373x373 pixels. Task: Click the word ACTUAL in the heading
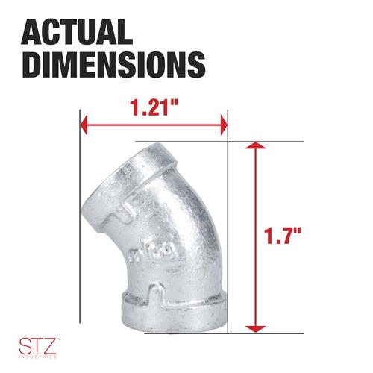(x=77, y=32)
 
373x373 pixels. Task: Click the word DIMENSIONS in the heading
(x=113, y=65)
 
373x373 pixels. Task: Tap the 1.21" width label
(x=154, y=107)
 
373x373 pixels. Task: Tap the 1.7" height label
(x=282, y=235)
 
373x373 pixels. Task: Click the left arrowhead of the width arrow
(x=84, y=125)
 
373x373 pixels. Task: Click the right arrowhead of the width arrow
(x=224, y=125)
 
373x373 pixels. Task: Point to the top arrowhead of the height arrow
(x=255, y=145)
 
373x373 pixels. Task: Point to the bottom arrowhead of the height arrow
(x=255, y=329)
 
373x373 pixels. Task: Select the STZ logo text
(x=37, y=345)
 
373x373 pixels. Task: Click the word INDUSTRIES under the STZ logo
(x=37, y=357)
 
